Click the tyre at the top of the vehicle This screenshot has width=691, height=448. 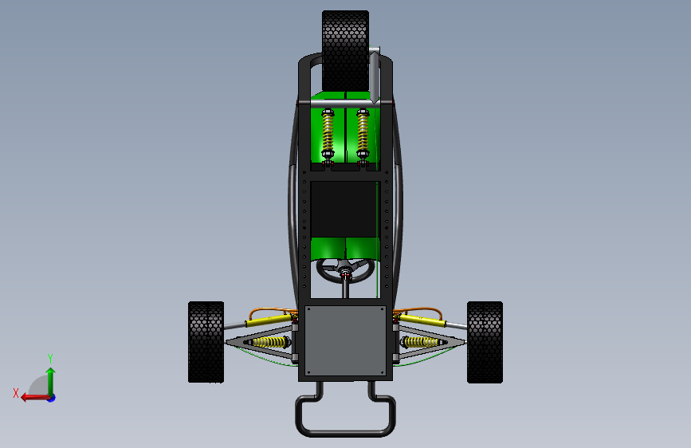point(346,51)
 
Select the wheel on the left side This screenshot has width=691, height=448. point(206,342)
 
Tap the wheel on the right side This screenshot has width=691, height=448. point(485,342)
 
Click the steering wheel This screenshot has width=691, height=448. point(326,276)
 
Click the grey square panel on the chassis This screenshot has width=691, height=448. point(346,341)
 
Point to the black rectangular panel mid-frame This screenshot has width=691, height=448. point(344,209)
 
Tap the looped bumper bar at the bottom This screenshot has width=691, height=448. point(346,432)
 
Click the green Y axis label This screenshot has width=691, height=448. point(50,358)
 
